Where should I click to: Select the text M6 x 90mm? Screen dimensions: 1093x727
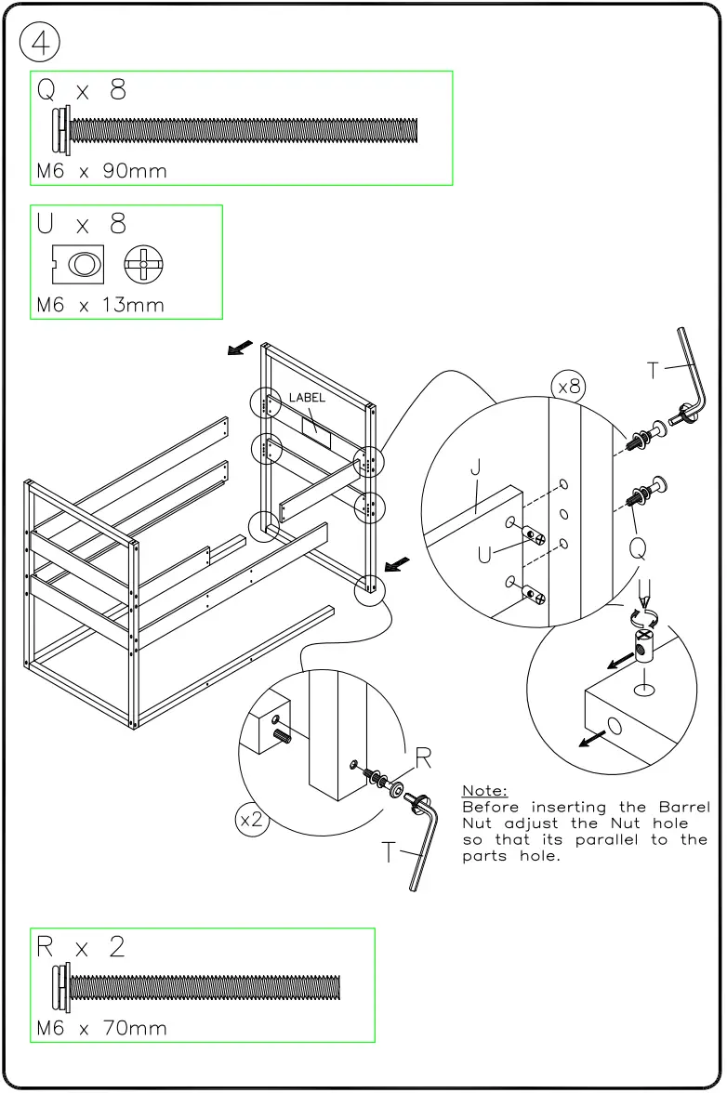(x=101, y=172)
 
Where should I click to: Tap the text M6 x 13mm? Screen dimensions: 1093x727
(x=99, y=305)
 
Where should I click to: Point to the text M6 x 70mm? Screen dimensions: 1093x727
(x=101, y=1029)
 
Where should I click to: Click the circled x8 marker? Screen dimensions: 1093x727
(x=568, y=386)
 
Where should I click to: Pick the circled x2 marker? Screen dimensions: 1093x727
(x=252, y=820)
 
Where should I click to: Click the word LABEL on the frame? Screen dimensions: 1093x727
(x=307, y=398)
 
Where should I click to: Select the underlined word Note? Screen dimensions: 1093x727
(x=484, y=791)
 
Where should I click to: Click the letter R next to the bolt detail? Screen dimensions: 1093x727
(x=423, y=759)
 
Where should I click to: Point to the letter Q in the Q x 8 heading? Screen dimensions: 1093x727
(x=46, y=90)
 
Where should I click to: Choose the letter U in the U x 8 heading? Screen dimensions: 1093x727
(x=46, y=224)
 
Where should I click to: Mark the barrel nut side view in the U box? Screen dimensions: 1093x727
(x=78, y=264)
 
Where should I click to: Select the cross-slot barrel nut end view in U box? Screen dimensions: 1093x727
(x=144, y=264)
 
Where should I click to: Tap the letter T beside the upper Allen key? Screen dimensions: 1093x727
(x=654, y=370)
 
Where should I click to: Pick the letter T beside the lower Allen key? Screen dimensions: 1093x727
(x=390, y=851)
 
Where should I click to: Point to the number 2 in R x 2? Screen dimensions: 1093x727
(x=116, y=948)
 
